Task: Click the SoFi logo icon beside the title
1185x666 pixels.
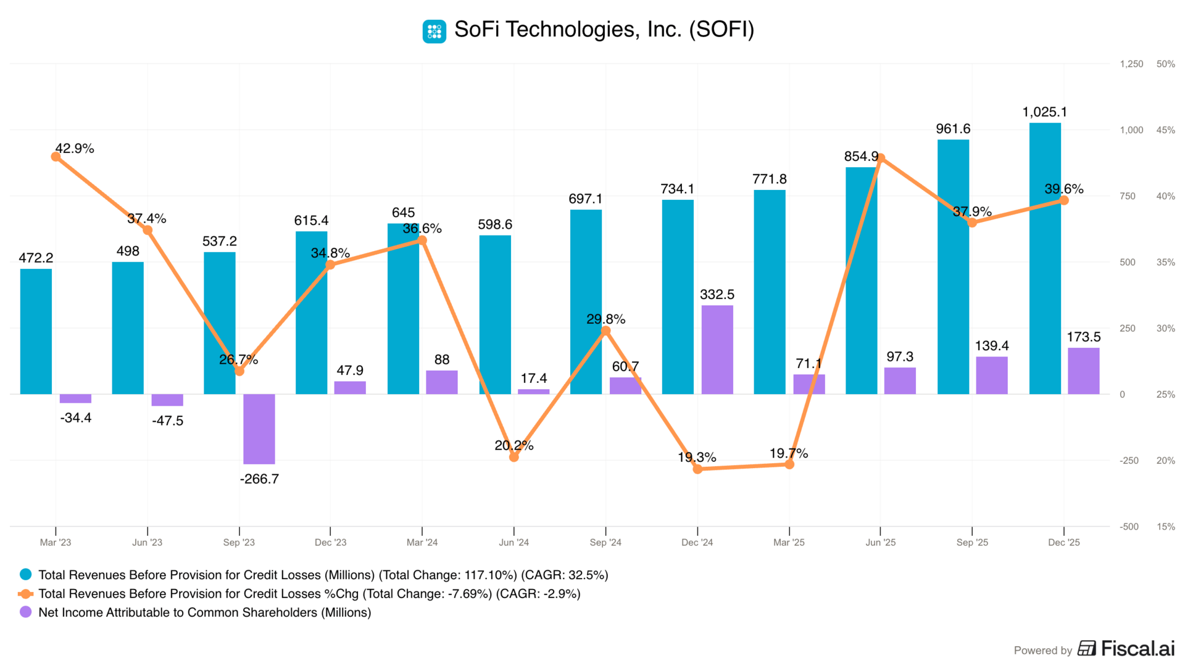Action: click(x=434, y=31)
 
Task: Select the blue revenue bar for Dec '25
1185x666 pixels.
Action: click(x=1045, y=259)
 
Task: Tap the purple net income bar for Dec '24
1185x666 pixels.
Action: click(x=717, y=350)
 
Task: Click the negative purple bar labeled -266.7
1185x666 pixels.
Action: click(x=259, y=429)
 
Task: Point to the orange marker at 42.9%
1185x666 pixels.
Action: click(x=56, y=157)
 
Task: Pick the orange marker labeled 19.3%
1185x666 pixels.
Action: click(x=697, y=469)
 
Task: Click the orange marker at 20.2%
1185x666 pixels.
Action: click(x=514, y=457)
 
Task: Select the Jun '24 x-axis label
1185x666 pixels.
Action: click(x=513, y=543)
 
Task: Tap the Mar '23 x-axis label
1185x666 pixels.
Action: click(x=56, y=543)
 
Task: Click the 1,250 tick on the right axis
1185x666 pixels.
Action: click(x=1131, y=64)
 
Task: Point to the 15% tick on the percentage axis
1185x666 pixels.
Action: click(x=1165, y=527)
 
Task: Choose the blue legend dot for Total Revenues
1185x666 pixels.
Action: click(x=26, y=575)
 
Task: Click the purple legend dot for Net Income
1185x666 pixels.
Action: click(x=26, y=612)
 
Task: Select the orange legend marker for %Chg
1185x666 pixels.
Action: click(x=26, y=594)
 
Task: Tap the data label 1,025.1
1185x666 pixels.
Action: click(x=1044, y=112)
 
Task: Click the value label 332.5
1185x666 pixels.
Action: click(x=717, y=295)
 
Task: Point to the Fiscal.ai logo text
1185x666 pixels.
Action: click(x=1137, y=649)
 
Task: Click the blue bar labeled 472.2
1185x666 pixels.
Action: click(x=36, y=331)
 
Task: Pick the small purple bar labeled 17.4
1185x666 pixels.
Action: click(x=533, y=392)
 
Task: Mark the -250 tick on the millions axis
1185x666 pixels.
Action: click(x=1129, y=461)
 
